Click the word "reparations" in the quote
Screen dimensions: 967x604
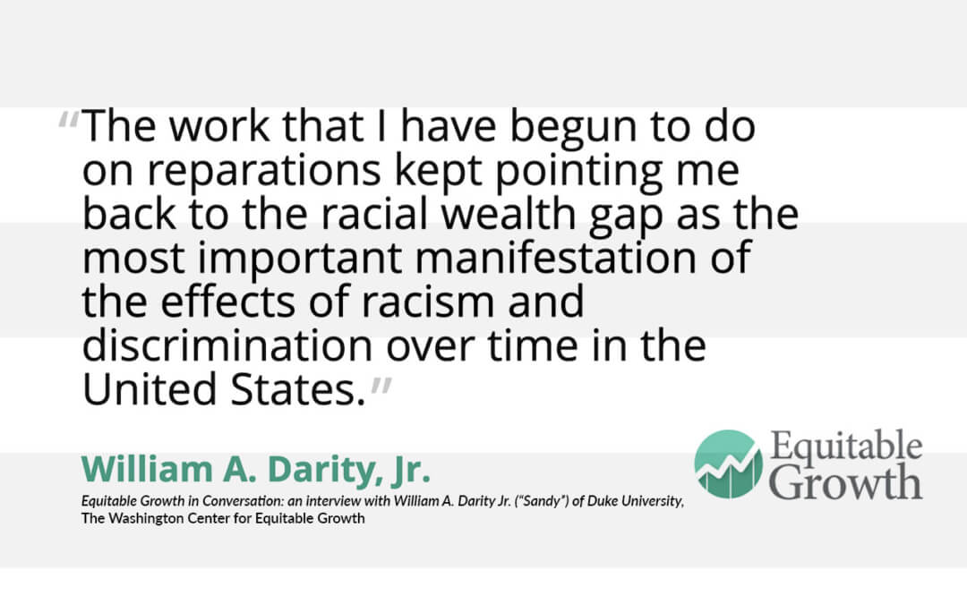point(263,172)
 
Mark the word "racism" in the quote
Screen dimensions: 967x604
point(427,302)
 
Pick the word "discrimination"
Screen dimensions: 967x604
point(227,345)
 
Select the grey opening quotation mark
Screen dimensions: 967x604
point(68,120)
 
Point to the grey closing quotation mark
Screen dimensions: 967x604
point(381,387)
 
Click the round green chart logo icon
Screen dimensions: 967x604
point(728,464)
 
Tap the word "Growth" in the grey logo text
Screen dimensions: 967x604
point(847,482)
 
